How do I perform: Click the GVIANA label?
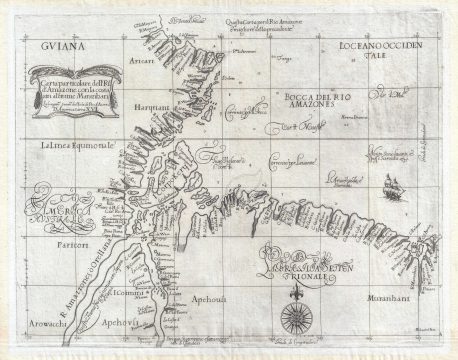click(50, 45)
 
